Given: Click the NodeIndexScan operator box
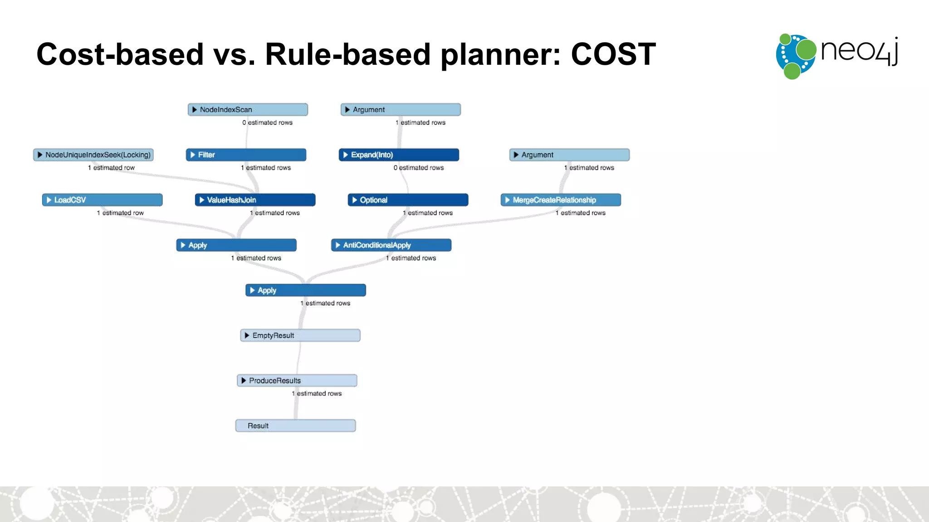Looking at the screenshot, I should [x=248, y=110].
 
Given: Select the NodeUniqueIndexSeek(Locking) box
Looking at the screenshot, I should [x=93, y=155].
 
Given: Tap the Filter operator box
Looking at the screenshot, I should [x=246, y=155].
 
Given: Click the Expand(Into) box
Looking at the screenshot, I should [x=399, y=155].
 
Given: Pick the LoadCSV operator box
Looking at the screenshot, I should [x=102, y=200].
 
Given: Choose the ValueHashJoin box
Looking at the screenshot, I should [x=255, y=200].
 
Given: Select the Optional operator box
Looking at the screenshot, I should [x=408, y=200].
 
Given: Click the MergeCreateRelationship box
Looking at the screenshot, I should [x=561, y=200].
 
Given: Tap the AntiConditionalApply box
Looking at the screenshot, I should [x=391, y=245].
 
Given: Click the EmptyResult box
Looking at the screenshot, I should [x=300, y=335].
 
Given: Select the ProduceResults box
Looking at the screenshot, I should [x=297, y=381].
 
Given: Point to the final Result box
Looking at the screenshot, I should [x=295, y=426].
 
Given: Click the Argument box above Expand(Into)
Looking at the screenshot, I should [x=401, y=110].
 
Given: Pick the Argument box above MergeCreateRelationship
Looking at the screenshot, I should [x=569, y=155].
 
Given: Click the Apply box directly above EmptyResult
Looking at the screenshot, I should [x=305, y=290].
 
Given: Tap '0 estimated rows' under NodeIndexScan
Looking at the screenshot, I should [x=267, y=123].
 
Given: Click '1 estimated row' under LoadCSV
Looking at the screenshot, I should [x=120, y=213].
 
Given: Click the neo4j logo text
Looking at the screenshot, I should [x=859, y=51].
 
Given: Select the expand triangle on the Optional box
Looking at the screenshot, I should [x=355, y=200].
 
